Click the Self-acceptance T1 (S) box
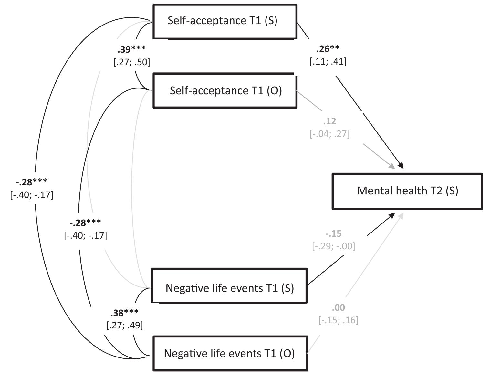(224, 21)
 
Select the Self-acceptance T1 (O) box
(225, 91)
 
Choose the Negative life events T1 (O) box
(230, 353)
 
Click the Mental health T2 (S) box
(407, 191)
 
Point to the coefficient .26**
(328, 49)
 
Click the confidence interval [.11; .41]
(328, 61)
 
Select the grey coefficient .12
(329, 121)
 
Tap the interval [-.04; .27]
(329, 134)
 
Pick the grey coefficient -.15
(333, 233)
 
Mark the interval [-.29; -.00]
(333, 246)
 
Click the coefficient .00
(338, 307)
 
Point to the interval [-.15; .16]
(338, 320)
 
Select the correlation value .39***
(131, 49)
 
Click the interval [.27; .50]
(131, 62)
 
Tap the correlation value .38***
(124, 313)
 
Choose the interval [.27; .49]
(124, 325)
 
